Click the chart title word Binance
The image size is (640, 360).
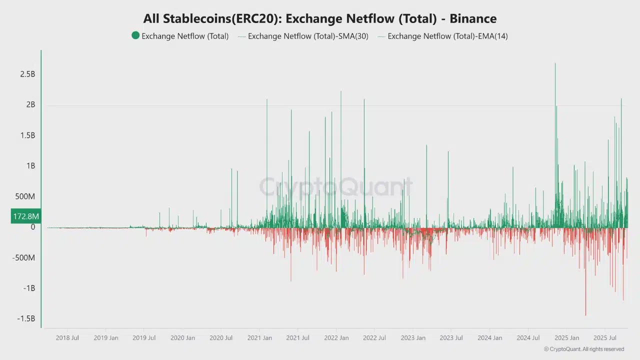pos(473,19)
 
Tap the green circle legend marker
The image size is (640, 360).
pos(135,35)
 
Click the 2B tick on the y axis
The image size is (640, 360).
pos(30,104)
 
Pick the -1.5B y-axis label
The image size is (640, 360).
pos(25,319)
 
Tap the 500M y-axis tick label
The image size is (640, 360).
pos(25,196)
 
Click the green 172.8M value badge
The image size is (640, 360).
pos(26,216)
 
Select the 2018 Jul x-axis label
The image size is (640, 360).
pos(67,338)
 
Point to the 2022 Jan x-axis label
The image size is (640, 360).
pos(336,338)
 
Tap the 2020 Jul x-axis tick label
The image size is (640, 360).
pos(221,338)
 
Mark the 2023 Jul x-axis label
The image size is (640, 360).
pos(451,338)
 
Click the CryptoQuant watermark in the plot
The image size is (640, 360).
pos(335,187)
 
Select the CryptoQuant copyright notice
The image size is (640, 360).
pos(583,349)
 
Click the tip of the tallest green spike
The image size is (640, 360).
pos(555,63)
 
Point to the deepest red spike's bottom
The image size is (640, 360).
pos(585,315)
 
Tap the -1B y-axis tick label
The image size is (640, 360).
pos(29,288)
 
